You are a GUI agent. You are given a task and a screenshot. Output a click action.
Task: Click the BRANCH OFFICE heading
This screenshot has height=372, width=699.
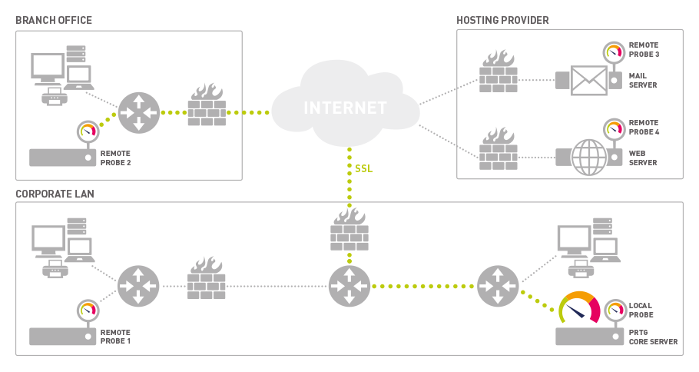[54, 21]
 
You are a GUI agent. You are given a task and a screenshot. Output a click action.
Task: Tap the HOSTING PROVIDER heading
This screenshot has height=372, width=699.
[502, 21]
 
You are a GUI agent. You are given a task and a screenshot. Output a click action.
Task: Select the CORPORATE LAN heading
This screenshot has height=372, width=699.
[55, 194]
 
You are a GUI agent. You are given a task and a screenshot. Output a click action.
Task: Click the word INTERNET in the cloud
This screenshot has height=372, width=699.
[345, 108]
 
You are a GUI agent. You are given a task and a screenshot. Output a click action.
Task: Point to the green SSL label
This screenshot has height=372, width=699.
[363, 168]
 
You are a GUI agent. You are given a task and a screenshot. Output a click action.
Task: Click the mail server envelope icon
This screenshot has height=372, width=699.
[589, 81]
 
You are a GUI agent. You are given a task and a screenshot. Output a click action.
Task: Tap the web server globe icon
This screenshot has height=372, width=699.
[589, 158]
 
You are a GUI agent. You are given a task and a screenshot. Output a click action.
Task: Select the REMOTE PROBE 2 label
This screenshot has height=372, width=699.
[115, 158]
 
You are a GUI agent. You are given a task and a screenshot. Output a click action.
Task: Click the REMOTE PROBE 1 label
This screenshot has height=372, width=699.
[115, 337]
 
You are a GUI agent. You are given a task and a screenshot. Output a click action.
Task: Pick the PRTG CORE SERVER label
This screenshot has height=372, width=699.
[653, 337]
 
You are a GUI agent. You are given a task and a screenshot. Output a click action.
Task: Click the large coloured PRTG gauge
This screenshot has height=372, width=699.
[579, 307]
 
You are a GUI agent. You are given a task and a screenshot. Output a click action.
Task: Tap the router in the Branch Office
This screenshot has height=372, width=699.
[138, 113]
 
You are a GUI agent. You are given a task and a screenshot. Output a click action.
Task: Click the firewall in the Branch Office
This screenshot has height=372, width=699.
[207, 105]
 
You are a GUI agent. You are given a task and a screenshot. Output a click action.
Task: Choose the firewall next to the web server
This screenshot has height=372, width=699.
[499, 148]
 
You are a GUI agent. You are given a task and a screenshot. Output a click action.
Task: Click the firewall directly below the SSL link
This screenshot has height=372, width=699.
[349, 229]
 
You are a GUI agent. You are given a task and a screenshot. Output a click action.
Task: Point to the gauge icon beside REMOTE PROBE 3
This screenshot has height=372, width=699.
[614, 52]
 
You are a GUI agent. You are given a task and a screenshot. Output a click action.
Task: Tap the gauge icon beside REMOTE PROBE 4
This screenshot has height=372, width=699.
[614, 129]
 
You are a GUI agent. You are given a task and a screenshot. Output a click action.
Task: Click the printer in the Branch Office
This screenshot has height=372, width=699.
[55, 96]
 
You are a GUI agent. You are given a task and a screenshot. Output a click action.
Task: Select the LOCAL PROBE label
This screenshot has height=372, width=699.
[641, 310]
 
